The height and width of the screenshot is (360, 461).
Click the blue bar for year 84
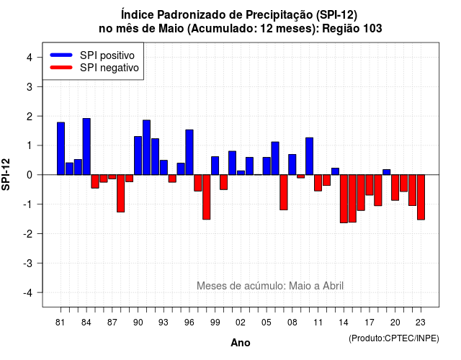[x=86, y=147]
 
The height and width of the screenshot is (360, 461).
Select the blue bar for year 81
[x=61, y=148]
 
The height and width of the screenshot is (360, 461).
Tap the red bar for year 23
[x=421, y=197]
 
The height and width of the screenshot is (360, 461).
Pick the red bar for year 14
[x=344, y=199]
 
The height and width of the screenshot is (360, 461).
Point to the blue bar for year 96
[x=189, y=152]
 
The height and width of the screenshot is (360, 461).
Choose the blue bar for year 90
[x=138, y=156]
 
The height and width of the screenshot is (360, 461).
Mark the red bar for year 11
[x=318, y=183]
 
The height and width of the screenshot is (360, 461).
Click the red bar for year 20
[x=395, y=187]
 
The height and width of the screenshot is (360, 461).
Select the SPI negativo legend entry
[x=94, y=68]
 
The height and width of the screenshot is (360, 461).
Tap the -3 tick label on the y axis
[x=28, y=263]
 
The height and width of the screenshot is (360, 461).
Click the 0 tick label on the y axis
[x=30, y=175]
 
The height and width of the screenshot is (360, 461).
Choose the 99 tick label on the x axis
[x=215, y=323]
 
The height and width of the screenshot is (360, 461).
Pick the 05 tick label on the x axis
[x=267, y=323]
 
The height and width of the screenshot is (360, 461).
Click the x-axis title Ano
[x=241, y=343]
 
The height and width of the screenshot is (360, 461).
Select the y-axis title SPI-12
[x=6, y=174]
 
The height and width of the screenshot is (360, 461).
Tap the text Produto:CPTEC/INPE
[x=394, y=338]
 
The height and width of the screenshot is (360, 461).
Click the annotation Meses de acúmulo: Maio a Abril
[x=270, y=286]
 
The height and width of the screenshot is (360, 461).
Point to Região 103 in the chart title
[x=352, y=29]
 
